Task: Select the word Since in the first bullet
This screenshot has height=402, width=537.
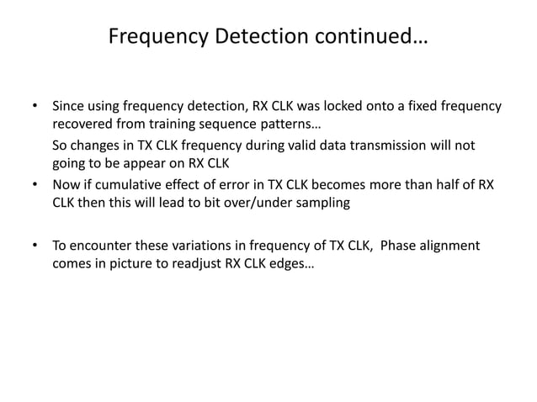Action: (69, 108)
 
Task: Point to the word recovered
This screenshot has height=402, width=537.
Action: (82, 125)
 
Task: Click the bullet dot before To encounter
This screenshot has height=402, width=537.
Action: (35, 246)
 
